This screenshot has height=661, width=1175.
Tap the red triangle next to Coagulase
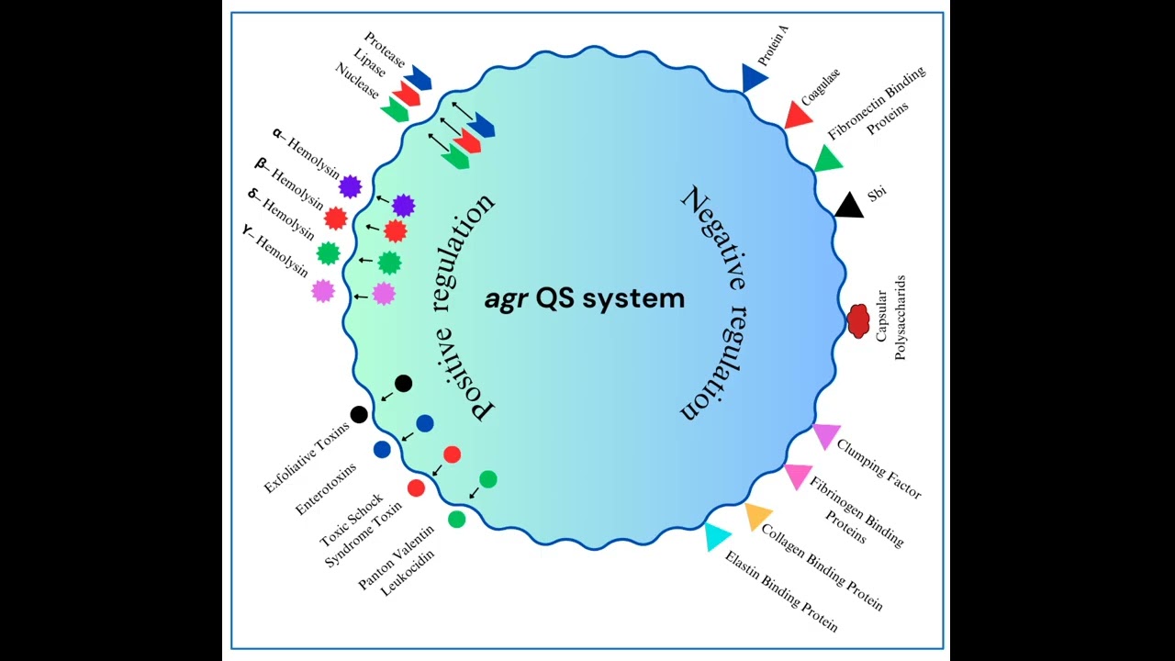(798, 116)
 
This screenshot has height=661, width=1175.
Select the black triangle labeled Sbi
(849, 206)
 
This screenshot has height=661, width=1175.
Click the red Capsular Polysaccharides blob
(858, 321)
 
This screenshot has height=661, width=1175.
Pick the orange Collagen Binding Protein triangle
(757, 516)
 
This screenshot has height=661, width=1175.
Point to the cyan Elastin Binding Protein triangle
(717, 536)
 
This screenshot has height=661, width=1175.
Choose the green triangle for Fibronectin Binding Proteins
(828, 159)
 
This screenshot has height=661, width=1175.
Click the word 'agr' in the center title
(506, 300)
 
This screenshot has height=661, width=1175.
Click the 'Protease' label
(385, 50)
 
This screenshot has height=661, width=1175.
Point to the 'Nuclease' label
(357, 81)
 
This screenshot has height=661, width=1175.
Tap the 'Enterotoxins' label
(326, 489)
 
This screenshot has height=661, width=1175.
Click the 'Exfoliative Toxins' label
(307, 457)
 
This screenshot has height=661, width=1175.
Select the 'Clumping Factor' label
(878, 468)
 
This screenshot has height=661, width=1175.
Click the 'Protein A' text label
(774, 46)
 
